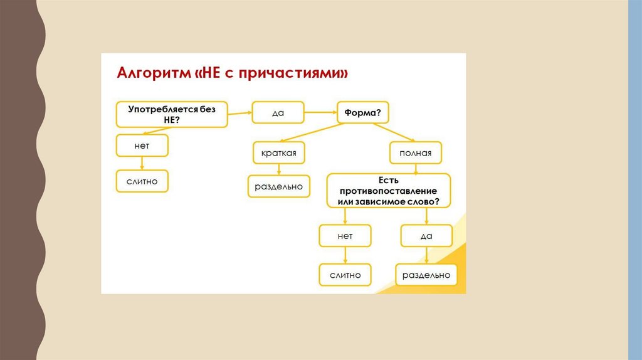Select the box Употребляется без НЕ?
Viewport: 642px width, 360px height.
click(x=171, y=114)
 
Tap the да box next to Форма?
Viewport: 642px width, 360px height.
click(x=278, y=113)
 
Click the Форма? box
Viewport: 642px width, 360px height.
click(x=363, y=114)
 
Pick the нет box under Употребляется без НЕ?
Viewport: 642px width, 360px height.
click(x=141, y=146)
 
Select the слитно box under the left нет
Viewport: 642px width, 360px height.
click(x=141, y=181)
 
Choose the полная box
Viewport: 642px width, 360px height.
click(x=415, y=152)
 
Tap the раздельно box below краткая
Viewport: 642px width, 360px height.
click(x=279, y=186)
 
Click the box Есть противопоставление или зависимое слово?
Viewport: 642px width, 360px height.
click(x=389, y=190)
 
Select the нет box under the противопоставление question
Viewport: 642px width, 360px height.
click(x=345, y=236)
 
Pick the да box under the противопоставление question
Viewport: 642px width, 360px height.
click(x=426, y=236)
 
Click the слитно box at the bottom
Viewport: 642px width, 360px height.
click(x=345, y=274)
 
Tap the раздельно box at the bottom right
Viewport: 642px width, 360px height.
click(x=426, y=274)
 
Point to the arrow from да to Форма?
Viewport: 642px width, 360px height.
click(x=320, y=113)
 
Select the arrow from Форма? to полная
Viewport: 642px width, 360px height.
click(x=395, y=133)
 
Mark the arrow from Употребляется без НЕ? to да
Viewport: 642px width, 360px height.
click(x=239, y=114)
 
